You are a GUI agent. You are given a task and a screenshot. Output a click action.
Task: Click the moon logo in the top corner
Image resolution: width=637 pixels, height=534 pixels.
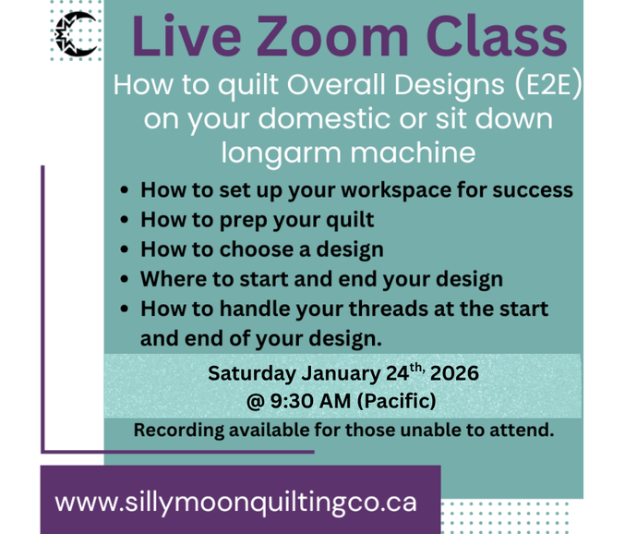tap(77, 37)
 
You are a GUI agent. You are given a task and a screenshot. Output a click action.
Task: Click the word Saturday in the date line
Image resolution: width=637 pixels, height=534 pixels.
tap(252, 374)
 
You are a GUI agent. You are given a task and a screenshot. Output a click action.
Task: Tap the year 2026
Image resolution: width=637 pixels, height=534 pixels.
tap(453, 374)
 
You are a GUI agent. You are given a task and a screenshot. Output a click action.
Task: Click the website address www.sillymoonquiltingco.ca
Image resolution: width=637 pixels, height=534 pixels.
tap(236, 503)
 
